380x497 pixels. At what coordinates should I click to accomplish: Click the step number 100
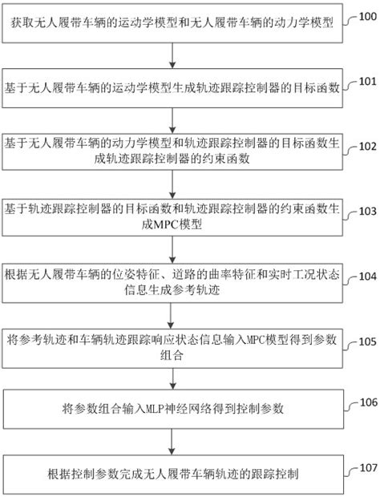click(366, 17)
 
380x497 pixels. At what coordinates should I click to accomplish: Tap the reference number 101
click(366, 82)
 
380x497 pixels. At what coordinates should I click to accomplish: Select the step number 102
click(366, 147)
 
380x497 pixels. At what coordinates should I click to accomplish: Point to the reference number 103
click(366, 212)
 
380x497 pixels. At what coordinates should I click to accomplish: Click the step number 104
click(366, 277)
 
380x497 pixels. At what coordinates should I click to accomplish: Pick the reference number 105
click(366, 342)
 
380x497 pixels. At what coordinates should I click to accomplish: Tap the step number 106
click(366, 402)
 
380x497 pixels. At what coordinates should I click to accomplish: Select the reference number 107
click(366, 467)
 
